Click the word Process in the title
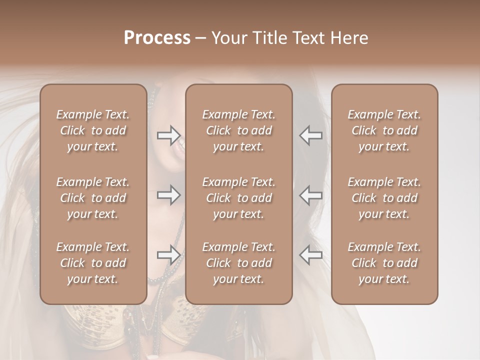coord(157,38)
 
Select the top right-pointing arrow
coord(168,135)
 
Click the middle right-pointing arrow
coord(168,195)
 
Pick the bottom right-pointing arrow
coord(168,254)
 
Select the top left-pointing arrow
coord(310,135)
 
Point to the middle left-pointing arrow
coord(310,195)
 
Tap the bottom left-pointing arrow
coord(310,254)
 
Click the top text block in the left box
coord(93,130)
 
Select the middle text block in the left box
coord(93,198)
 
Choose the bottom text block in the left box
coord(93,263)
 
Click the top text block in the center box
coord(238,130)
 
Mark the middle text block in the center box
coord(238,198)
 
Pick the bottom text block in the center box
coord(238,263)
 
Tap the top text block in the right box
coord(384,130)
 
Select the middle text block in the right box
coord(384,198)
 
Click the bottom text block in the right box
coord(384,263)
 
